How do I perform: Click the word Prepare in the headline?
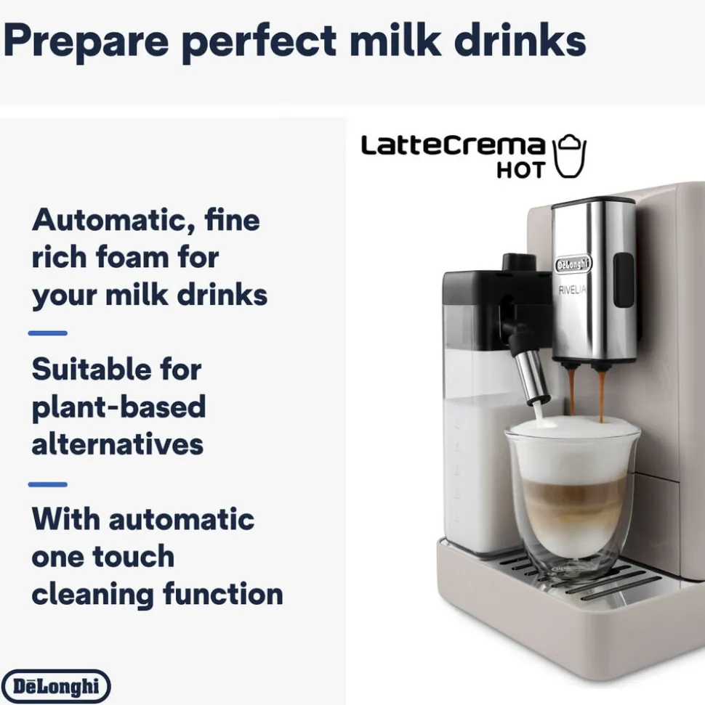point(86,41)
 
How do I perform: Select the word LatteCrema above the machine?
point(453,145)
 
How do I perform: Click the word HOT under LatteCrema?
point(520,170)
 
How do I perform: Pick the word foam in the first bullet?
point(132,258)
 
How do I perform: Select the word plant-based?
point(119,407)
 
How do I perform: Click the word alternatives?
point(118,444)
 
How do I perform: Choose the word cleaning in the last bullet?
point(93,595)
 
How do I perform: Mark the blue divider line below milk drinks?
point(48,333)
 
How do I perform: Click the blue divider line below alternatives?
point(48,484)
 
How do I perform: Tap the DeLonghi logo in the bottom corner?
point(56,686)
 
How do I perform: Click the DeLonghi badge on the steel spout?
point(573,264)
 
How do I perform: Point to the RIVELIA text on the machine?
point(572,290)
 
